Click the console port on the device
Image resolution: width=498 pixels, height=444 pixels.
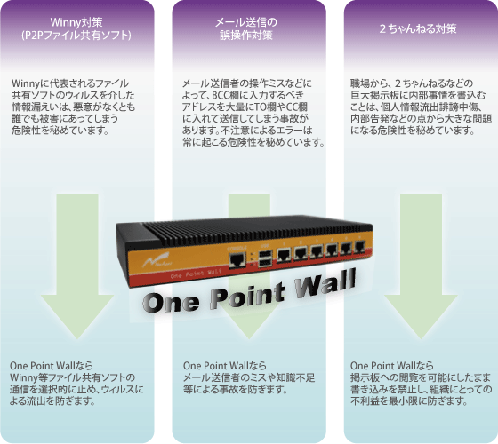pos(237,260)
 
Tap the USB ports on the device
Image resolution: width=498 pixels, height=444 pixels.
pos(266,258)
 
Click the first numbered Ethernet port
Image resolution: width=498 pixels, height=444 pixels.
pos(284,254)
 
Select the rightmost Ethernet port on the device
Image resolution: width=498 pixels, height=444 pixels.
pos(359,246)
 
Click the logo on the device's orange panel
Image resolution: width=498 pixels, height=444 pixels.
pos(156,259)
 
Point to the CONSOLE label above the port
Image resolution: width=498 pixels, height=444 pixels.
pos(237,248)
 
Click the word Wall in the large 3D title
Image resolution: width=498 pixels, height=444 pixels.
pos(325,283)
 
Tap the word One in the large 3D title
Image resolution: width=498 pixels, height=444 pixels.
pos(172,302)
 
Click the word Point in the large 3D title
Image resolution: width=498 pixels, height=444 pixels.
pos(247,295)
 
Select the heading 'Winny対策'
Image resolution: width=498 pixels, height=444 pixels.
pos(76,22)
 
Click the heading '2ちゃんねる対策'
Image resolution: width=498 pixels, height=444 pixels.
pos(418,28)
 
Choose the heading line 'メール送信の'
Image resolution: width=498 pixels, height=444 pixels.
pos(246,22)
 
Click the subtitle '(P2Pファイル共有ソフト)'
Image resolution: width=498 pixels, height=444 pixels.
pos(76,35)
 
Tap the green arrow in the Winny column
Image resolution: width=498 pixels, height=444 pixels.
pos(77,266)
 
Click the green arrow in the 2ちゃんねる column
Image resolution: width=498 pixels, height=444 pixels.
pos(421,266)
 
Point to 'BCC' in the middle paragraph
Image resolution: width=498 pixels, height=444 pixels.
pos(219,95)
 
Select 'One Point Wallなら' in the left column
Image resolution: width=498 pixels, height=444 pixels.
pos(52,366)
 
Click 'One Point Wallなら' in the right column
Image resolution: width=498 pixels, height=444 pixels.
pos(392,366)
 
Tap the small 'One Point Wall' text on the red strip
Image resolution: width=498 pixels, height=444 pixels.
pos(196,274)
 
